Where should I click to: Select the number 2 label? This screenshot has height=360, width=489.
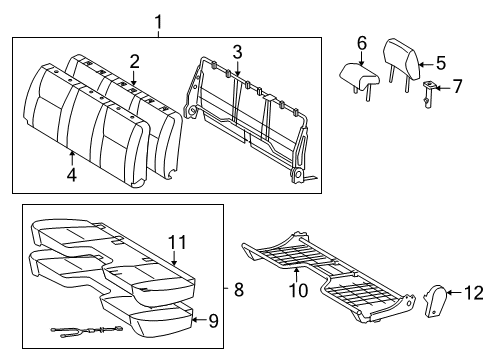(x=134, y=60)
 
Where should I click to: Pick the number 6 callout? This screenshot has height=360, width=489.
(x=362, y=44)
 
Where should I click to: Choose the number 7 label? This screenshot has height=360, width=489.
(x=457, y=86)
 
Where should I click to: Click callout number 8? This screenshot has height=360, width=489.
(x=238, y=290)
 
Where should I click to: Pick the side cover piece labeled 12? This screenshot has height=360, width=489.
(x=438, y=299)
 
